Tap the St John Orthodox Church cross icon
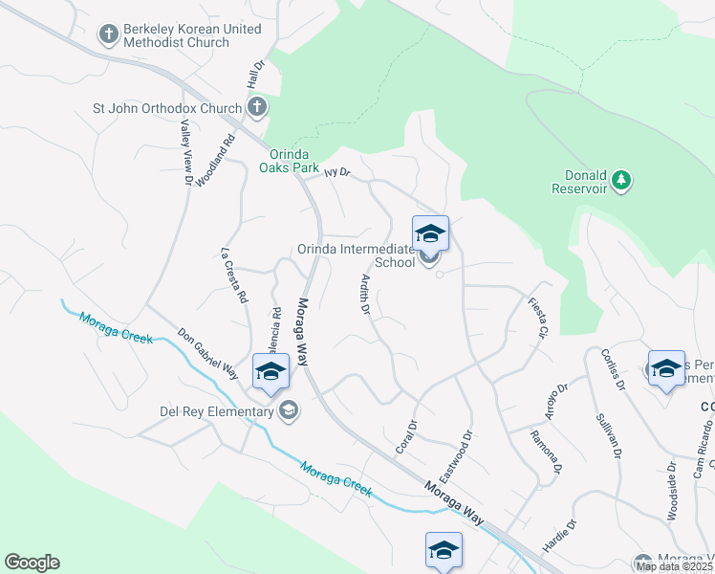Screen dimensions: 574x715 click(x=256, y=107)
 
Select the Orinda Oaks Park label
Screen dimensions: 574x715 click(x=289, y=159)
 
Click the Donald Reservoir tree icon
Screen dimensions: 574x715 click(x=621, y=178)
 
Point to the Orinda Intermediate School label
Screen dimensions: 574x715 click(x=357, y=255)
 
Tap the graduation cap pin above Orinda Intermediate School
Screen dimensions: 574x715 click(x=430, y=233)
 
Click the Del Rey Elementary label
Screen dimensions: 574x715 click(x=217, y=412)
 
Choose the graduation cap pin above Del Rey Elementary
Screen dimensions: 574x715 click(x=271, y=371)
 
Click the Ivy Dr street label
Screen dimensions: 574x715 click(x=337, y=173)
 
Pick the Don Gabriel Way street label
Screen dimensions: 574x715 click(x=207, y=353)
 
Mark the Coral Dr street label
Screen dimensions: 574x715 click(x=406, y=437)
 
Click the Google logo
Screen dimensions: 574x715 click(x=32, y=563)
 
